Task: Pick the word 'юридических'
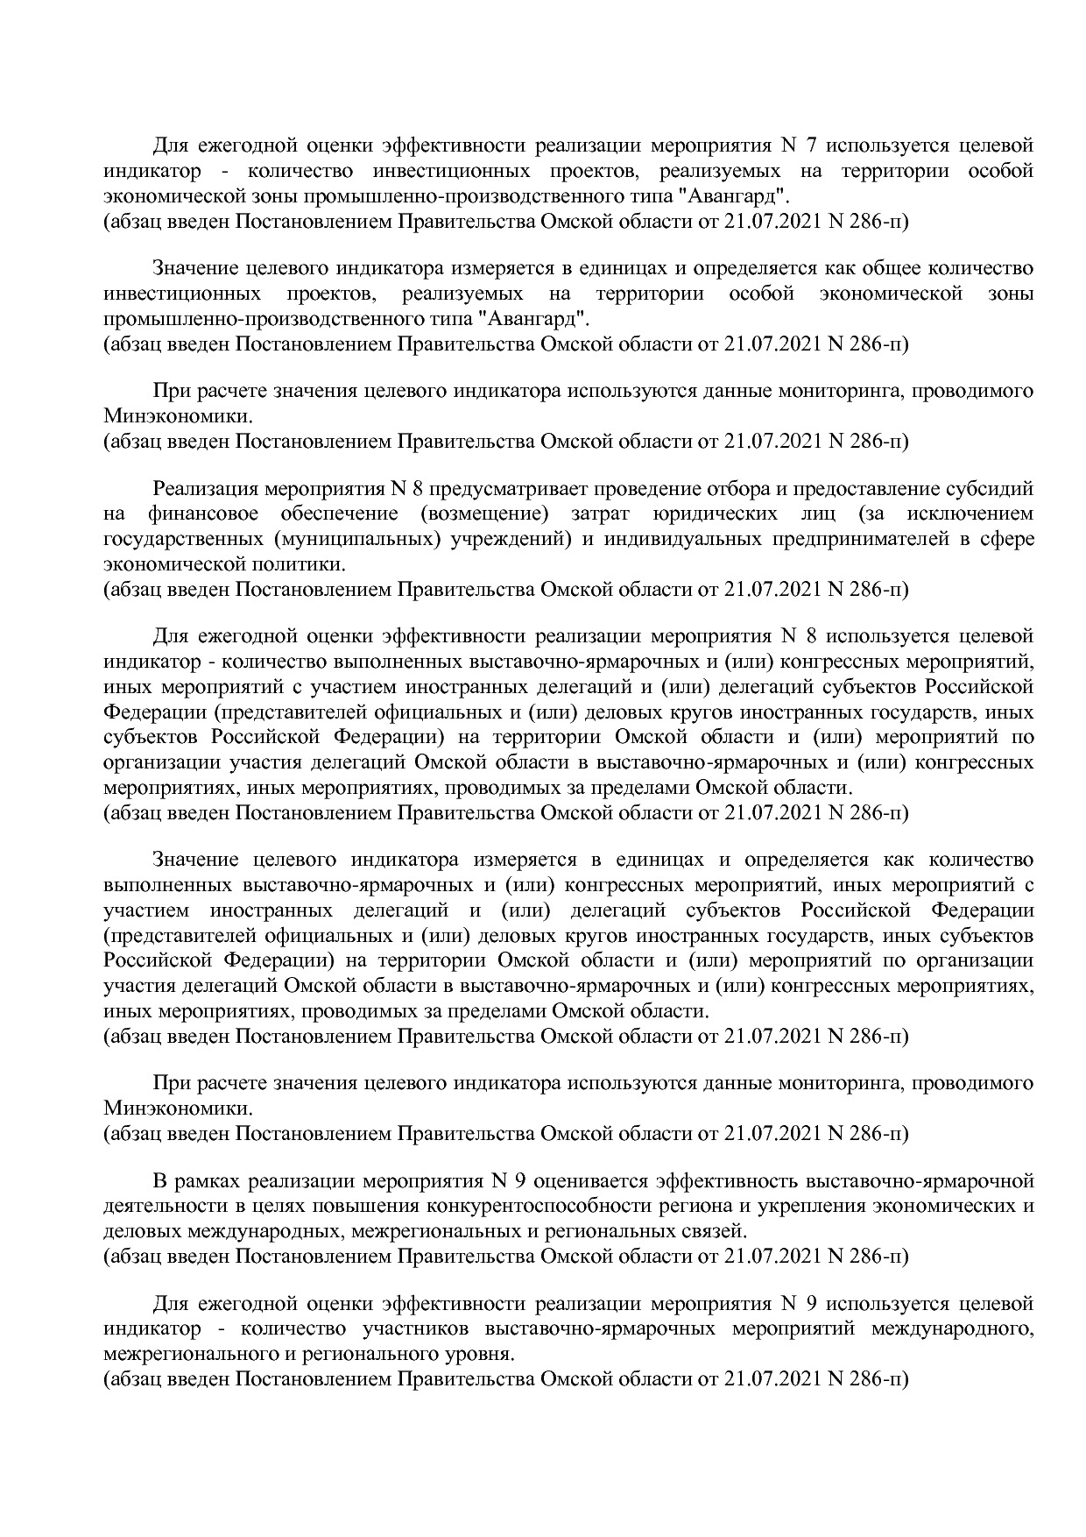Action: (x=713, y=514)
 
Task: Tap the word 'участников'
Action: (x=417, y=1329)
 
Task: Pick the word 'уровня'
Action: (x=480, y=1355)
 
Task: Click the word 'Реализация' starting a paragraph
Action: (x=203, y=488)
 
